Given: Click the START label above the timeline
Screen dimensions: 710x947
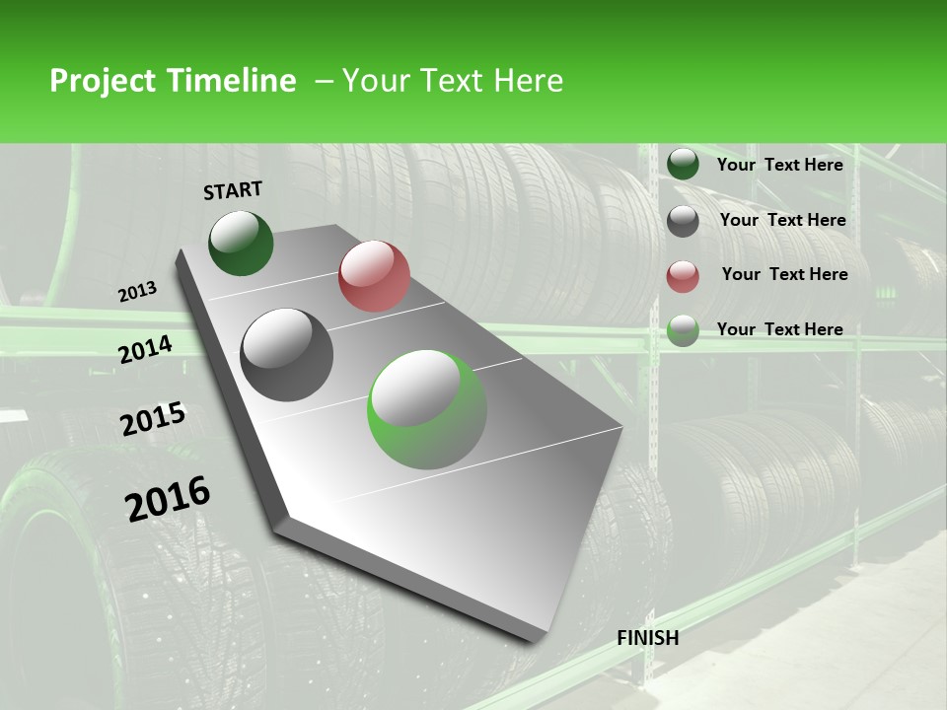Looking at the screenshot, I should click(x=233, y=189).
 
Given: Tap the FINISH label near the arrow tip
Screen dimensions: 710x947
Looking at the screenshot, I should click(x=647, y=638).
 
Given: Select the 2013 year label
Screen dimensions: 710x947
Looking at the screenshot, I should click(x=138, y=291).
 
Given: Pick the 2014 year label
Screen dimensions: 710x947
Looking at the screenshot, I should click(x=145, y=349).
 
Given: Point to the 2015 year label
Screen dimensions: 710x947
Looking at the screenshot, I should click(x=153, y=419).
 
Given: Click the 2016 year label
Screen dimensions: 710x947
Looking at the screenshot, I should click(x=168, y=498).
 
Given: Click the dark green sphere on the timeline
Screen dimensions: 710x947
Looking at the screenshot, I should click(x=241, y=243).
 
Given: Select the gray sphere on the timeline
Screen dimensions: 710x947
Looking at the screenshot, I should click(x=287, y=354).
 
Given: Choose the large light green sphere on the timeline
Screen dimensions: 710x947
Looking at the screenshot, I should click(x=427, y=409).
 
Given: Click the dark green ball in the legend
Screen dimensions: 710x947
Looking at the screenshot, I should click(x=683, y=164).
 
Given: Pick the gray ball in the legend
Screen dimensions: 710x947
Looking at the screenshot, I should click(x=683, y=221).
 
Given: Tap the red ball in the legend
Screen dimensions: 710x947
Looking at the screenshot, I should click(x=683, y=276).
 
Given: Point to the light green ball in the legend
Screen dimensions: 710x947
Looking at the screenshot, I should click(x=683, y=330).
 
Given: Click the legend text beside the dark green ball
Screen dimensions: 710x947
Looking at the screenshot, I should click(x=779, y=165).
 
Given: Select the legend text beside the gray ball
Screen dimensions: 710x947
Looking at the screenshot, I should click(x=782, y=220).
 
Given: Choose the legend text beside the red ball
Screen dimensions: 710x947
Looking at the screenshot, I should click(x=784, y=274).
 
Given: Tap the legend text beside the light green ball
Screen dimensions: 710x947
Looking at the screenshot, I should click(x=779, y=329).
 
